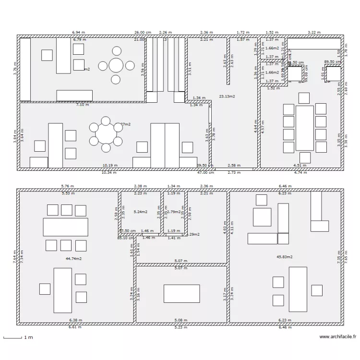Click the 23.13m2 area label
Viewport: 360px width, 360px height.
(x=227, y=96)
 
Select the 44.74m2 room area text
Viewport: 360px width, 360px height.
(x=73, y=258)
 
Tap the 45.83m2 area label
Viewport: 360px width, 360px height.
(x=285, y=257)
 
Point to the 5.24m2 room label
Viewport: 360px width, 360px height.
(x=140, y=212)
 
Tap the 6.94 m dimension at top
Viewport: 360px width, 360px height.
(x=79, y=32)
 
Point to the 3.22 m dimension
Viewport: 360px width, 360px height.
(x=313, y=32)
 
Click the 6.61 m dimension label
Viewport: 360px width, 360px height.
(x=75, y=327)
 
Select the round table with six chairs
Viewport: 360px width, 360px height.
(x=105, y=134)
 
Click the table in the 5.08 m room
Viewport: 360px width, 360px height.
(x=181, y=293)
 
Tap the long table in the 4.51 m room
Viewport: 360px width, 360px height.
(x=304, y=128)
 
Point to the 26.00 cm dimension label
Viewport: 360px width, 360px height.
(x=143, y=32)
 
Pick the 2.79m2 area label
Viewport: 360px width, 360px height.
(x=173, y=212)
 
